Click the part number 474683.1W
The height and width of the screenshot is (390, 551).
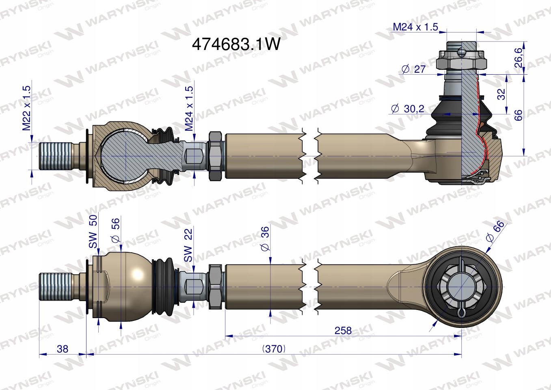pos(236,44)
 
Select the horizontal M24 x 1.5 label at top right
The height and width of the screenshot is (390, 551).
pos(415,27)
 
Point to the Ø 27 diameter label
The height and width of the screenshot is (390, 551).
pos(413,69)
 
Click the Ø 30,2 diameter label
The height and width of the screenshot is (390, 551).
pos(407,108)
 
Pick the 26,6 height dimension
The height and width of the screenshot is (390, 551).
pos(518,58)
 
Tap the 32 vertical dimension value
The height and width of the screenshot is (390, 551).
pos(501,94)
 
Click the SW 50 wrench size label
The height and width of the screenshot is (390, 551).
pos(93,232)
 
